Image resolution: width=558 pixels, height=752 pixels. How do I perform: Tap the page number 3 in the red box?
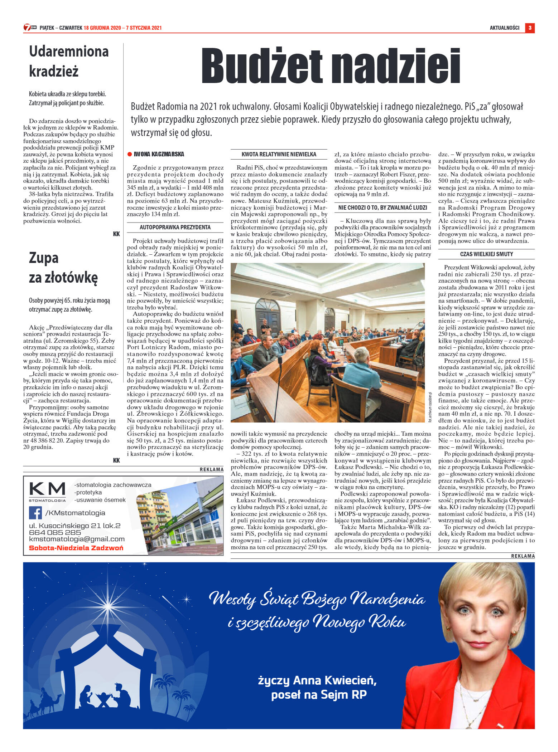click(x=530, y=28)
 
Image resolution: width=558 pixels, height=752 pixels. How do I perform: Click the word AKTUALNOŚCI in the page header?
click(x=504, y=28)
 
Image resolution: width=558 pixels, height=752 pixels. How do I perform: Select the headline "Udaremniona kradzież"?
click(x=68, y=61)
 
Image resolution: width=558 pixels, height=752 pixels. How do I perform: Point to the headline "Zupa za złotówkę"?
click(x=63, y=268)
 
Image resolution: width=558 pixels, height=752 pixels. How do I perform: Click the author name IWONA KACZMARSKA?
click(x=159, y=154)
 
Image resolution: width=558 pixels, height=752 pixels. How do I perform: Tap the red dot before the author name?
click(x=130, y=154)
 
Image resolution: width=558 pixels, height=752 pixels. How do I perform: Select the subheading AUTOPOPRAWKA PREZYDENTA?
click(x=175, y=227)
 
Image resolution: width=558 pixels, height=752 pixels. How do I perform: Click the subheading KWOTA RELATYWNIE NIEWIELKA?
click(x=279, y=154)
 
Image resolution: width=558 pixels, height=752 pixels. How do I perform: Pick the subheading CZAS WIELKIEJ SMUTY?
click(x=486, y=254)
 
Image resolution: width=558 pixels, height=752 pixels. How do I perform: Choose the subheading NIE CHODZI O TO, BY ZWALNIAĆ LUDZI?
click(x=383, y=207)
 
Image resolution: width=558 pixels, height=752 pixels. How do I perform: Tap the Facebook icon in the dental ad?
click(x=35, y=513)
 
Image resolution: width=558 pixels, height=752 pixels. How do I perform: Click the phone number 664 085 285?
click(x=55, y=532)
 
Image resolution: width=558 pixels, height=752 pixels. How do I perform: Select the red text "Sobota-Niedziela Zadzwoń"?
click(x=76, y=548)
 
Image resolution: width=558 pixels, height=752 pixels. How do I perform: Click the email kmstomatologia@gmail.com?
click(x=77, y=539)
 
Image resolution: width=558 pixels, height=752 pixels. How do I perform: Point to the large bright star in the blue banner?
click(x=108, y=606)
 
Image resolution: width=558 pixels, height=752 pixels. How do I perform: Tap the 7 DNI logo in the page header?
click(x=30, y=28)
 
